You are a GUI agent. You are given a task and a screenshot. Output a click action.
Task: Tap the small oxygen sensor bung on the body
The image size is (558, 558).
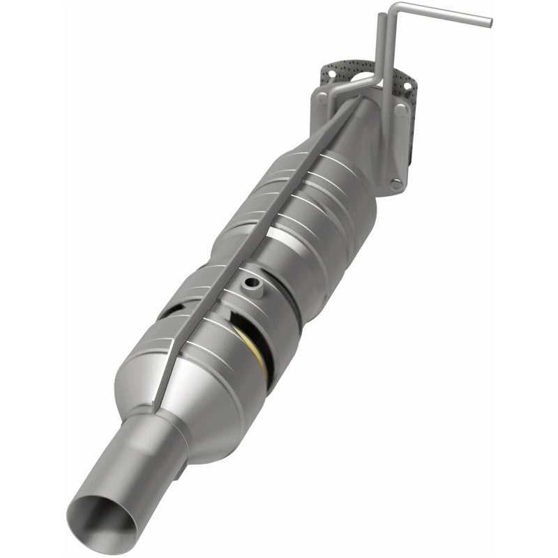click(x=250, y=283)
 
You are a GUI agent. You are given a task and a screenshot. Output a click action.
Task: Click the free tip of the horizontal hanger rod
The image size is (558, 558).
click(x=488, y=22)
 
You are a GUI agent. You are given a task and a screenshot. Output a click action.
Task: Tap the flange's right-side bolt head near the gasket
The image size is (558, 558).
click(x=400, y=110)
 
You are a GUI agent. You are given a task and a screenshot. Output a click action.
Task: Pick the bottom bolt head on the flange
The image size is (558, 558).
click(x=395, y=186)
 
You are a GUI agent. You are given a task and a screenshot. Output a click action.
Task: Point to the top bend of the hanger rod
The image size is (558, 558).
click(x=394, y=8)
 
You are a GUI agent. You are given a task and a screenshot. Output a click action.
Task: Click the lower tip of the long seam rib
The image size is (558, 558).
click(x=158, y=405)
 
